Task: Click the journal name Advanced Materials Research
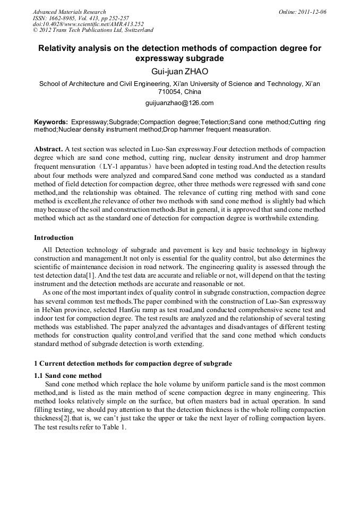coord(69,12)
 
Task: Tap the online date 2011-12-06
coord(312,12)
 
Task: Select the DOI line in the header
coord(88,24)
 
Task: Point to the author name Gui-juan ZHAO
coord(179,72)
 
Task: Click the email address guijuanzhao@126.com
coord(179,102)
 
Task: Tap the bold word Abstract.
coord(48,149)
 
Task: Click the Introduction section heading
coord(54,237)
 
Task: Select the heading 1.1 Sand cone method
coord(67,375)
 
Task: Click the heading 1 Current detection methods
coord(133,364)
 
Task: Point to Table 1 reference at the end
coord(115,427)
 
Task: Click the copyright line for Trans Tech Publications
coord(93,30)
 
